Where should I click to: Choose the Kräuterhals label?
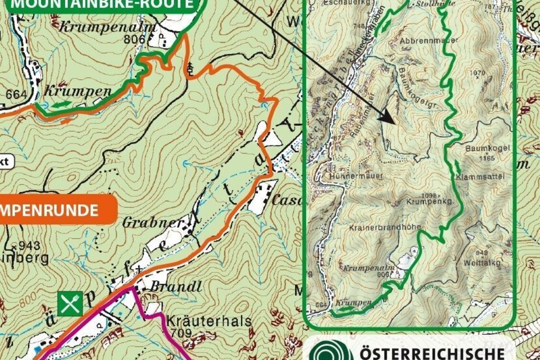209,321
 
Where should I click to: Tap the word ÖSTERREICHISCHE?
432,353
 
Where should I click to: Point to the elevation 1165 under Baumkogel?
487,158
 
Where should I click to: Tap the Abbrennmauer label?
429,41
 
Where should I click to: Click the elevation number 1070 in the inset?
477,73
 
